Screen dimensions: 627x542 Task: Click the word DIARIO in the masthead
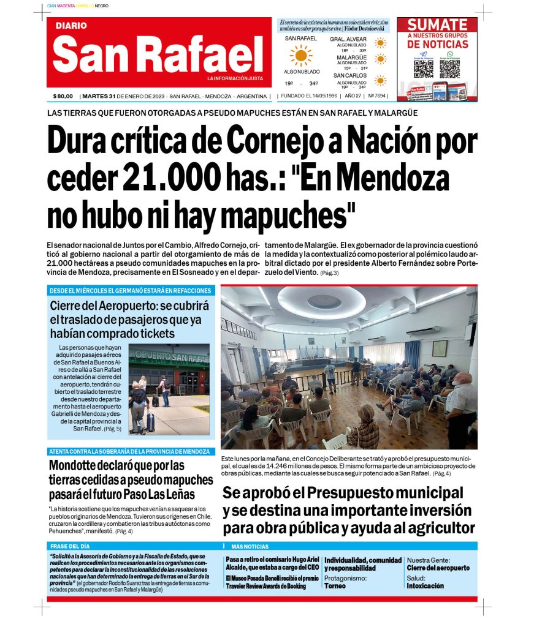coord(71,26)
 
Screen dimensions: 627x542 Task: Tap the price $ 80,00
coord(63,96)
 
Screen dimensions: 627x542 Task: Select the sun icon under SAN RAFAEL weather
coord(300,56)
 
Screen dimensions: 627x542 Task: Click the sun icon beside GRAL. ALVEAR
coord(381,42)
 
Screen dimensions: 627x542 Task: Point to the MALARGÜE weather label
coord(351,58)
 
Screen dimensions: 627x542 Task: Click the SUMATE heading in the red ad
coord(437,25)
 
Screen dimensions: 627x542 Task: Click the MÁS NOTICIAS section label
coord(250,546)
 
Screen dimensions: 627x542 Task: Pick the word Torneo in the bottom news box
coord(335,586)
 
